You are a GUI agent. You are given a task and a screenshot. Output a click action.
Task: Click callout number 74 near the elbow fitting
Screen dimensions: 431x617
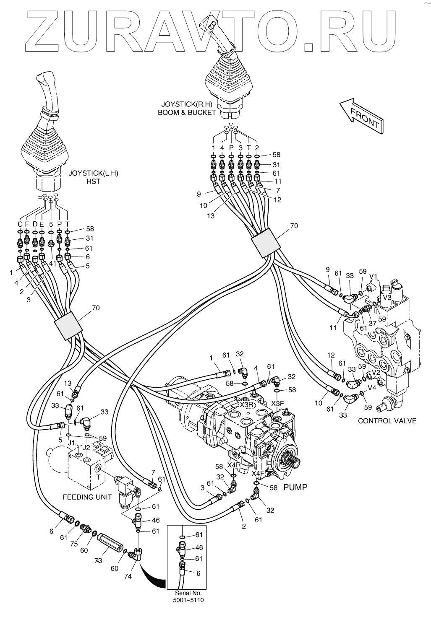(x=128, y=576)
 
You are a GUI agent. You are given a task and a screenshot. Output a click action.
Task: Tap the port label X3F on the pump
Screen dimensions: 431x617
(x=277, y=404)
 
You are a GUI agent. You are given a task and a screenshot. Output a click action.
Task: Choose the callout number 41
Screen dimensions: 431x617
(x=52, y=263)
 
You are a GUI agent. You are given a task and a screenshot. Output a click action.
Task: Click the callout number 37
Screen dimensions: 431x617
(x=372, y=323)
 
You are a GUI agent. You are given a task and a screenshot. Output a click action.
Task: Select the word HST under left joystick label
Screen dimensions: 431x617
(x=94, y=181)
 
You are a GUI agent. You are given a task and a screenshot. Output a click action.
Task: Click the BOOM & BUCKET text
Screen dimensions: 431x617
(x=187, y=112)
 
